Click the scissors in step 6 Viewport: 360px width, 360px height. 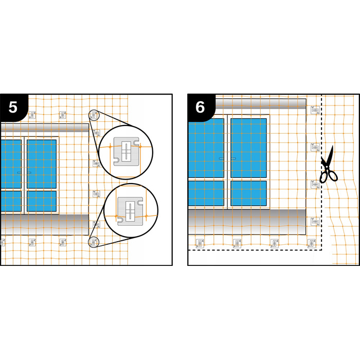[x=328, y=165]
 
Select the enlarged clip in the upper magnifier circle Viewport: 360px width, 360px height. [x=127, y=152]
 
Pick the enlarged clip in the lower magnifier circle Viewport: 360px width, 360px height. [x=130, y=211]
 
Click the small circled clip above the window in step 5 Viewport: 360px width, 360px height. [x=94, y=115]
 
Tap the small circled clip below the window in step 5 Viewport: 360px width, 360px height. [x=94, y=242]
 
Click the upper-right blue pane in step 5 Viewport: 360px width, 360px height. [x=42, y=164]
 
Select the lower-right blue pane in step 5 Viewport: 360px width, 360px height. [x=42, y=201]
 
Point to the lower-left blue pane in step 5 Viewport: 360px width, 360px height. [x=11, y=201]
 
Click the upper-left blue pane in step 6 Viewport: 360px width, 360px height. [x=206, y=148]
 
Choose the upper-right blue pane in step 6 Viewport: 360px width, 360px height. [x=248, y=148]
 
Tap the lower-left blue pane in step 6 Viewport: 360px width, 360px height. [x=206, y=193]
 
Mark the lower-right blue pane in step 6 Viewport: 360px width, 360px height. [x=248, y=193]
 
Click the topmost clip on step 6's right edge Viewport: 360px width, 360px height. [x=315, y=110]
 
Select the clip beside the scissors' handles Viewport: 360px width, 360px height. [x=315, y=184]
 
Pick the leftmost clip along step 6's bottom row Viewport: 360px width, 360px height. [x=200, y=243]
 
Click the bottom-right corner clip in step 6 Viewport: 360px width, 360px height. [x=312, y=243]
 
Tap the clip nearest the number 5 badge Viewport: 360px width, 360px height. [x=32, y=115]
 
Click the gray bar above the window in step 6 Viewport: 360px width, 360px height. [x=261, y=104]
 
